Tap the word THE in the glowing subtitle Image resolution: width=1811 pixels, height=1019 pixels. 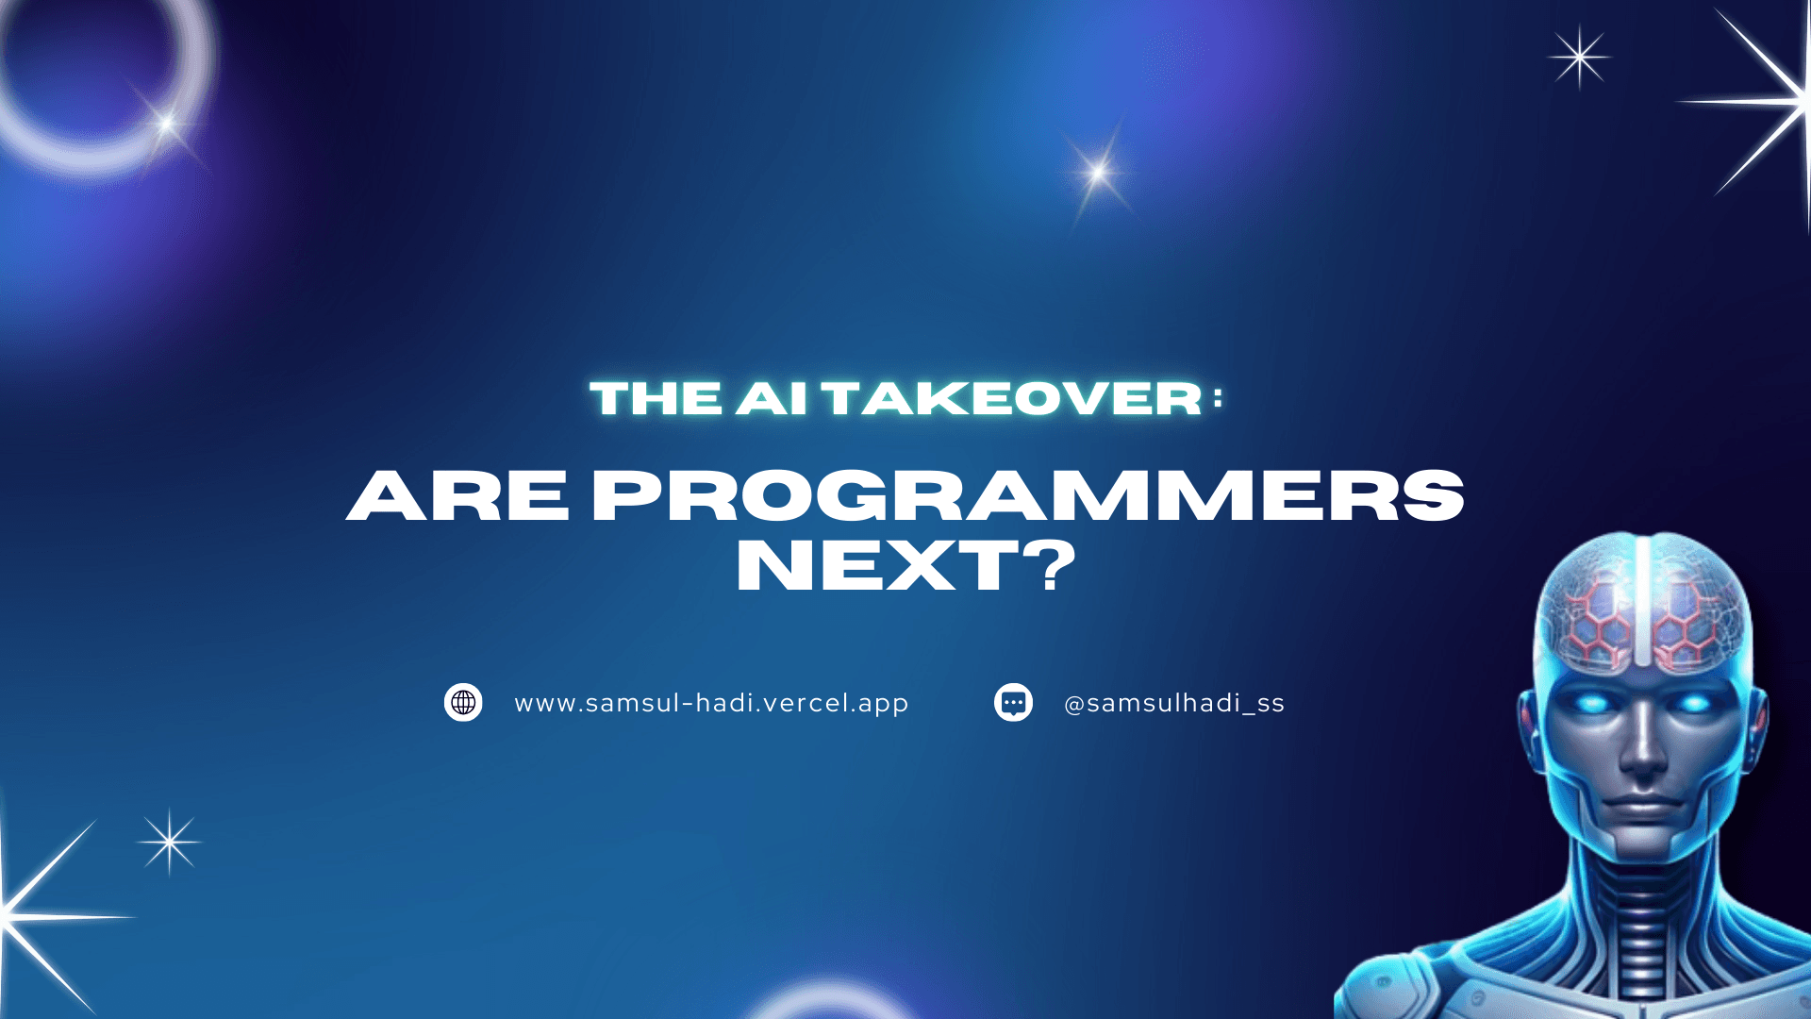pos(656,398)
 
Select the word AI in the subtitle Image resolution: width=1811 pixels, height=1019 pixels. pos(772,398)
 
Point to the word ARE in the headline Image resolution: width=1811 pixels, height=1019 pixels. pos(458,495)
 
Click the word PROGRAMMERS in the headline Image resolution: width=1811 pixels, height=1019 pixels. pos(1028,495)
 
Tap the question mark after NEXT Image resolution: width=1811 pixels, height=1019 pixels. pos(1048,566)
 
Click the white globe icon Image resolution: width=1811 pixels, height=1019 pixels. pos(463,703)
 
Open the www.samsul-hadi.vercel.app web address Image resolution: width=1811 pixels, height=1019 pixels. pos(711,704)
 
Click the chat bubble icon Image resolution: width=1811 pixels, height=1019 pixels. pos(1013,703)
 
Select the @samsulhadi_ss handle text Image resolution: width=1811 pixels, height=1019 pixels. pos(1174,704)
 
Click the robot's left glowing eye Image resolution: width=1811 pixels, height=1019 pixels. pos(1591,703)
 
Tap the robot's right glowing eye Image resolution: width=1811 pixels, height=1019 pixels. pos(1694,703)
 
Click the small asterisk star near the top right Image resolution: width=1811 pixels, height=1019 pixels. pos(1580,58)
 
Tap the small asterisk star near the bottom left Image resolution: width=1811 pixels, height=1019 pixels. pos(170,842)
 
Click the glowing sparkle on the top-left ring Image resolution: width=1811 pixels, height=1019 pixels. pos(167,124)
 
